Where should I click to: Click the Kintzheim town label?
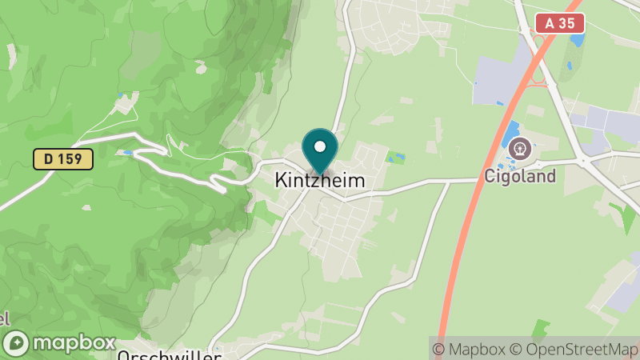(x=320, y=181)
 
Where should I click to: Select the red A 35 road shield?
(x=560, y=23)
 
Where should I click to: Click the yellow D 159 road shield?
(x=63, y=158)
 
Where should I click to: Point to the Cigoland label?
(x=520, y=176)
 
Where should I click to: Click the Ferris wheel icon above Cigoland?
(x=521, y=149)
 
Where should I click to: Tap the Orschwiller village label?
(x=168, y=355)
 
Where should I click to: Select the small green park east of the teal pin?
(x=395, y=158)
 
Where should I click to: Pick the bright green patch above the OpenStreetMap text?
(x=541, y=328)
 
